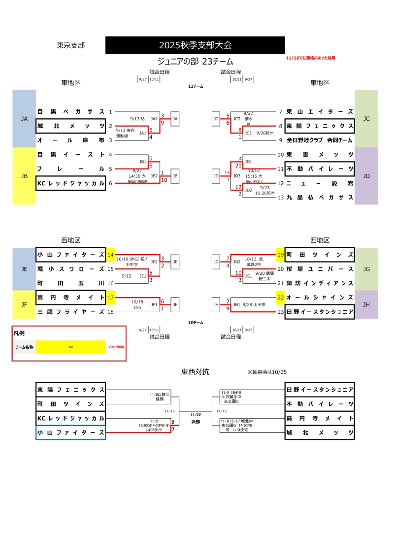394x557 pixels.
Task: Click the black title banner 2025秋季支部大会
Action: (195, 45)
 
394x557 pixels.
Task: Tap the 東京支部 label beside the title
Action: (71, 45)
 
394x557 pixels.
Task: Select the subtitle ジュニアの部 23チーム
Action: (195, 62)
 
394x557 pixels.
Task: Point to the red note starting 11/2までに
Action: (310, 58)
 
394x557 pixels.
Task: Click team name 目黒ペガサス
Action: (71, 112)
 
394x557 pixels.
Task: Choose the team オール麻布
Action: (71, 140)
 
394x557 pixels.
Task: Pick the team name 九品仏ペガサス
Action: (320, 197)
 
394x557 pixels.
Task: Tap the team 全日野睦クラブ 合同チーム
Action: (320, 140)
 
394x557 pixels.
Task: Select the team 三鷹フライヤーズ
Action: (71, 312)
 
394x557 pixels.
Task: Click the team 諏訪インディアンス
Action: (320, 283)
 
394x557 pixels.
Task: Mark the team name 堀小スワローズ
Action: (71, 269)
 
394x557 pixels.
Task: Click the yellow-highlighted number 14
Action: (110, 255)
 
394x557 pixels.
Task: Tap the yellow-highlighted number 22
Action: (280, 297)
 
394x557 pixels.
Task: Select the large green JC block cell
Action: (366, 119)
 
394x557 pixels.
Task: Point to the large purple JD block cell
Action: (366, 176)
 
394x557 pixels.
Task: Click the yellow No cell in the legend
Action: (71, 347)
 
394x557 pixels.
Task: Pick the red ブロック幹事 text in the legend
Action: (116, 347)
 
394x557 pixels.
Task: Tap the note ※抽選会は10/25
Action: (267, 372)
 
